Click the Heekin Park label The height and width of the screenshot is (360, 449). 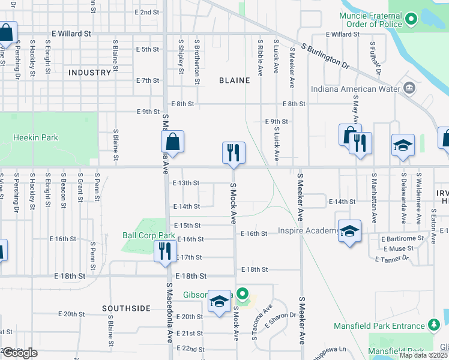tap(36, 137)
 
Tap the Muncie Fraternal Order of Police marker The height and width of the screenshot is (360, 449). tap(411, 20)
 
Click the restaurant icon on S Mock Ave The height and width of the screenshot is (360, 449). tap(233, 153)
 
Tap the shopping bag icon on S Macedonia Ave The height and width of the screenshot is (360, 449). tap(172, 142)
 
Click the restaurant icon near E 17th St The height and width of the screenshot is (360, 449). tap(164, 250)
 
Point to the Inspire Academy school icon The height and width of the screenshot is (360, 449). tap(349, 231)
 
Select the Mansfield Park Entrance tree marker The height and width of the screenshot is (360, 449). tap(434, 326)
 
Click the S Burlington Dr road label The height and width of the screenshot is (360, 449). tap(325, 55)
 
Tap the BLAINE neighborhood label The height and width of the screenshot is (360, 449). tap(234, 80)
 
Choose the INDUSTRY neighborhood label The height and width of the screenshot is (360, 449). tap(90, 73)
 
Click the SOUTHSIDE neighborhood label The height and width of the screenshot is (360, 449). tap(126, 308)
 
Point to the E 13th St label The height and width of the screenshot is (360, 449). tap(186, 183)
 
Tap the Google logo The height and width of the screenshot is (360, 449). tap(20, 353)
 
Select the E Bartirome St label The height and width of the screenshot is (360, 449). tap(403, 239)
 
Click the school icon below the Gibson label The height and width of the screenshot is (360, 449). tap(220, 302)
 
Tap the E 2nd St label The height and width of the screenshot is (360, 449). tap(147, 12)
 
